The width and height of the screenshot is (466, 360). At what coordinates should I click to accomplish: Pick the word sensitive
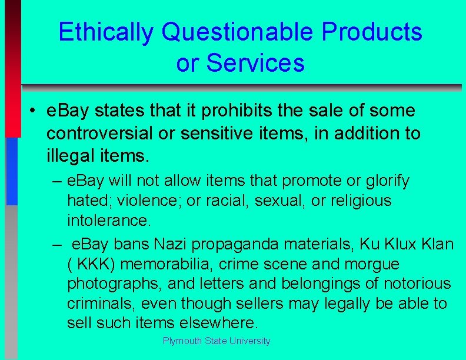coord(209,134)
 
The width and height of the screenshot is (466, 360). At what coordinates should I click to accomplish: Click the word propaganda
coord(247,244)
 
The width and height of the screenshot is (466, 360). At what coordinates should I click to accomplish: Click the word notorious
coord(417,284)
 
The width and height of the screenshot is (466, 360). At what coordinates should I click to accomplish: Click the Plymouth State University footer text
coord(217,341)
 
